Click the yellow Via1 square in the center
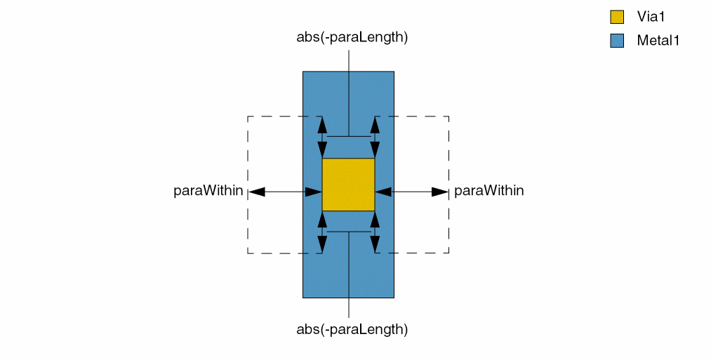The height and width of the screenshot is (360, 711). click(348, 185)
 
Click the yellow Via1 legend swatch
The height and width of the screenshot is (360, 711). click(617, 18)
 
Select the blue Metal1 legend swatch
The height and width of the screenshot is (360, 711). click(617, 41)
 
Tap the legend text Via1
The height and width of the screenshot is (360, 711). click(651, 18)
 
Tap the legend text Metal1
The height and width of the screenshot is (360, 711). click(658, 41)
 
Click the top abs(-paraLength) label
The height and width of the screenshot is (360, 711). click(352, 37)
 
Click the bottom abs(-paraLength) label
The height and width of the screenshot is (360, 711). click(352, 328)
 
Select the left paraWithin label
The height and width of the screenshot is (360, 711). click(208, 191)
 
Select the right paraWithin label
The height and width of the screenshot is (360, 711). click(489, 191)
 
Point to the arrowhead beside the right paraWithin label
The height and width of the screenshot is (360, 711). click(440, 192)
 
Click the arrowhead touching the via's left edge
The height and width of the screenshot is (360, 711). click(314, 192)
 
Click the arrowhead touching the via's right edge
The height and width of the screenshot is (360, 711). click(383, 192)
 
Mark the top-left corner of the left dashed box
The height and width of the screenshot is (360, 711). click(248, 116)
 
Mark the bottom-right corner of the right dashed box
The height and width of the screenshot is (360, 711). click(448, 253)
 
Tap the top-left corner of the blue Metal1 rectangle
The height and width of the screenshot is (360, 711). click(303, 72)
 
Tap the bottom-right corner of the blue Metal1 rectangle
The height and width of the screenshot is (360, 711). click(394, 298)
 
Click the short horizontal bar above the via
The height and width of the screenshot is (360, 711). click(348, 136)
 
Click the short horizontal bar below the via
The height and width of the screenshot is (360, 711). click(348, 232)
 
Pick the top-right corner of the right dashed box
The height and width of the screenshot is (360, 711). click(448, 116)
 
